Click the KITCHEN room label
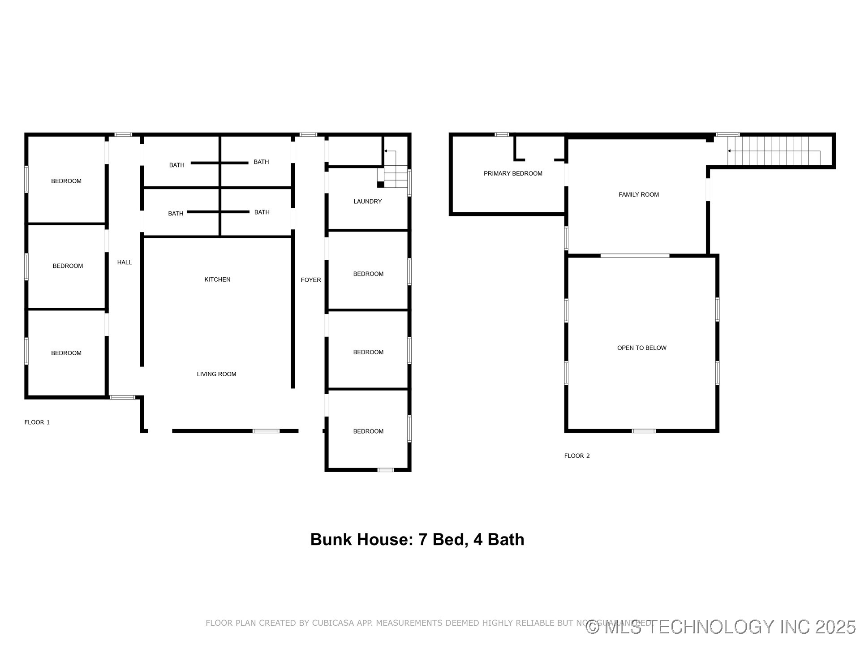click(217, 279)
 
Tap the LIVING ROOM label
click(216, 374)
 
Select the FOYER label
click(311, 280)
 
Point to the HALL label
click(125, 262)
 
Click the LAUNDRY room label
click(368, 202)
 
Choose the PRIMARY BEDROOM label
click(513, 174)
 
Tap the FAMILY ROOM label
click(639, 194)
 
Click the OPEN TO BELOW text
click(641, 348)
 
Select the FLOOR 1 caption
click(37, 422)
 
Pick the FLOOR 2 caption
click(577, 456)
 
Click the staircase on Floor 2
click(774, 151)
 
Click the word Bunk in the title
click(331, 540)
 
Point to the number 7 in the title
click(422, 540)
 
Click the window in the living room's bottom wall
click(266, 431)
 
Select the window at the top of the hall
click(123, 134)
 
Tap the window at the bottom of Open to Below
click(644, 431)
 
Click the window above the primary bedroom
click(502, 134)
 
